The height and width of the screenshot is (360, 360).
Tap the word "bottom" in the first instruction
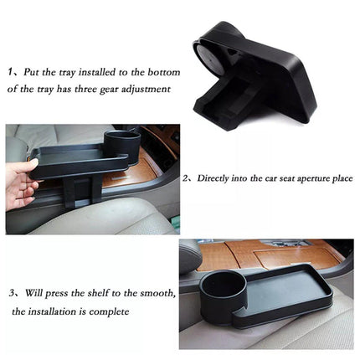(x=160, y=73)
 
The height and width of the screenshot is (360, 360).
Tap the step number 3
(x=13, y=294)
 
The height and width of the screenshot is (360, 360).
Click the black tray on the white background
(x=251, y=71)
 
